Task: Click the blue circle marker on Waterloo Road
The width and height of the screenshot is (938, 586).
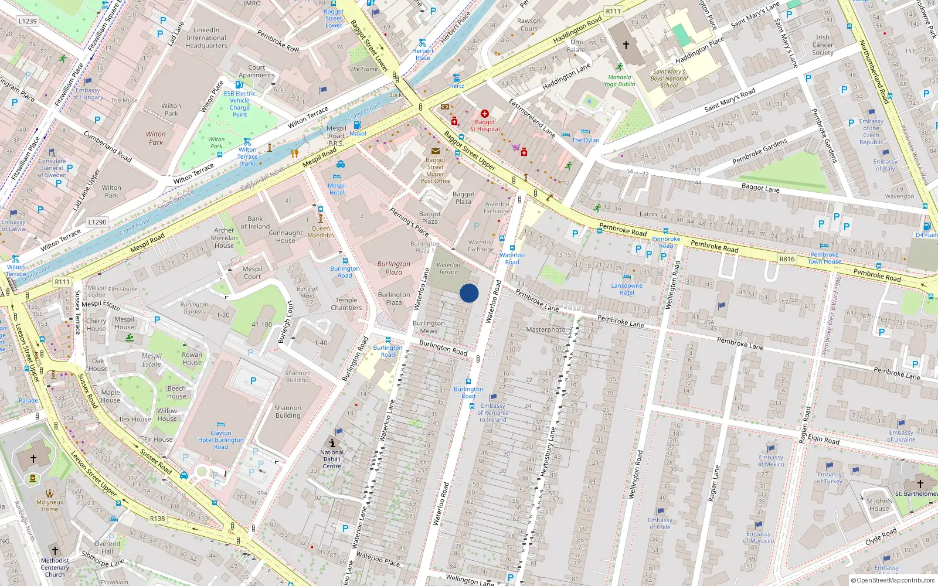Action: pyautogui.click(x=469, y=293)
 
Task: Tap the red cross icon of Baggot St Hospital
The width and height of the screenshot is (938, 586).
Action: pyautogui.click(x=484, y=114)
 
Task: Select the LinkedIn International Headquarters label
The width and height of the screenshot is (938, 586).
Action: pyautogui.click(x=206, y=38)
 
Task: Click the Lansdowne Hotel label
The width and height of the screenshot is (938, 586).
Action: pyautogui.click(x=627, y=289)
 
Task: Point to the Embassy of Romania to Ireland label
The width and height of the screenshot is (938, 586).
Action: pyautogui.click(x=493, y=413)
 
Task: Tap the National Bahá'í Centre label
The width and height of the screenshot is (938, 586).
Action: pyautogui.click(x=332, y=459)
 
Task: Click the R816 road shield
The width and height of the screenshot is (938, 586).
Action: pyautogui.click(x=787, y=259)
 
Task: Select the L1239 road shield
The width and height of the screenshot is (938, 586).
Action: pyautogui.click(x=28, y=21)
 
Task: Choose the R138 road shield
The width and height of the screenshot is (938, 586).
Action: pyautogui.click(x=157, y=518)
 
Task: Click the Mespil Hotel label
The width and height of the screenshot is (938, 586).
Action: pyautogui.click(x=337, y=189)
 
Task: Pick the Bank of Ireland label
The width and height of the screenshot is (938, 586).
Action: pyautogui.click(x=255, y=223)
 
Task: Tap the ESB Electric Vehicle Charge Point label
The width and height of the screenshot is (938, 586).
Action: pyautogui.click(x=240, y=104)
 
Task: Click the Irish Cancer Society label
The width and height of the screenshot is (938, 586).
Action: pyautogui.click(x=823, y=45)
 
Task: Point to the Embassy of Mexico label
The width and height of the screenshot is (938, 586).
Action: pyautogui.click(x=771, y=461)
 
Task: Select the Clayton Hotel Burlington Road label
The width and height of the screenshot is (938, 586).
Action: pyautogui.click(x=220, y=439)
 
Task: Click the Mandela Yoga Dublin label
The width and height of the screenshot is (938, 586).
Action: pyautogui.click(x=620, y=80)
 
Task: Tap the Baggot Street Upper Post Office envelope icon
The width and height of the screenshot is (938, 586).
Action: pyautogui.click(x=435, y=151)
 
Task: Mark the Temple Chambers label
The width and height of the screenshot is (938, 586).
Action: pyautogui.click(x=346, y=304)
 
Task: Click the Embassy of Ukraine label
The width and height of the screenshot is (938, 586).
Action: pyautogui.click(x=901, y=436)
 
